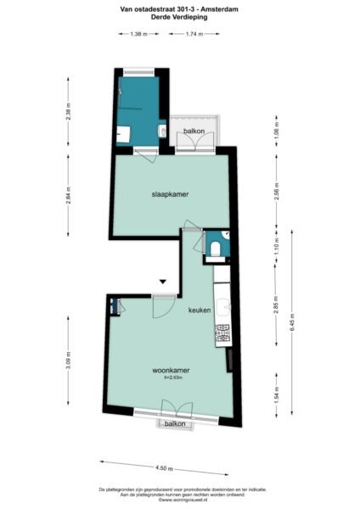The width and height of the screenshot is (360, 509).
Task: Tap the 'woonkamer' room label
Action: [170, 371]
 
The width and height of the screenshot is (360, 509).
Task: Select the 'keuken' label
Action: [200, 310]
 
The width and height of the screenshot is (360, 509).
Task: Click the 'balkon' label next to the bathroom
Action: [194, 131]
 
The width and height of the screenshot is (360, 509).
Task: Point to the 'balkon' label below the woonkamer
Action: [175, 422]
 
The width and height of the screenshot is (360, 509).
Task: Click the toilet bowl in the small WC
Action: [217, 249]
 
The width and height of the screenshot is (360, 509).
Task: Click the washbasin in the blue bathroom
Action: [123, 133]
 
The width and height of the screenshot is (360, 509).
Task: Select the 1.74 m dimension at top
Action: [194, 34]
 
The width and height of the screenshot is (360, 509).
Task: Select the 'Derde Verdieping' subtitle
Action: [179, 17]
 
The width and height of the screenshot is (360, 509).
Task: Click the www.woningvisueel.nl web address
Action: [179, 501]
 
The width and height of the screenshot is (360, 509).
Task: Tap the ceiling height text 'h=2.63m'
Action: [170, 378]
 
